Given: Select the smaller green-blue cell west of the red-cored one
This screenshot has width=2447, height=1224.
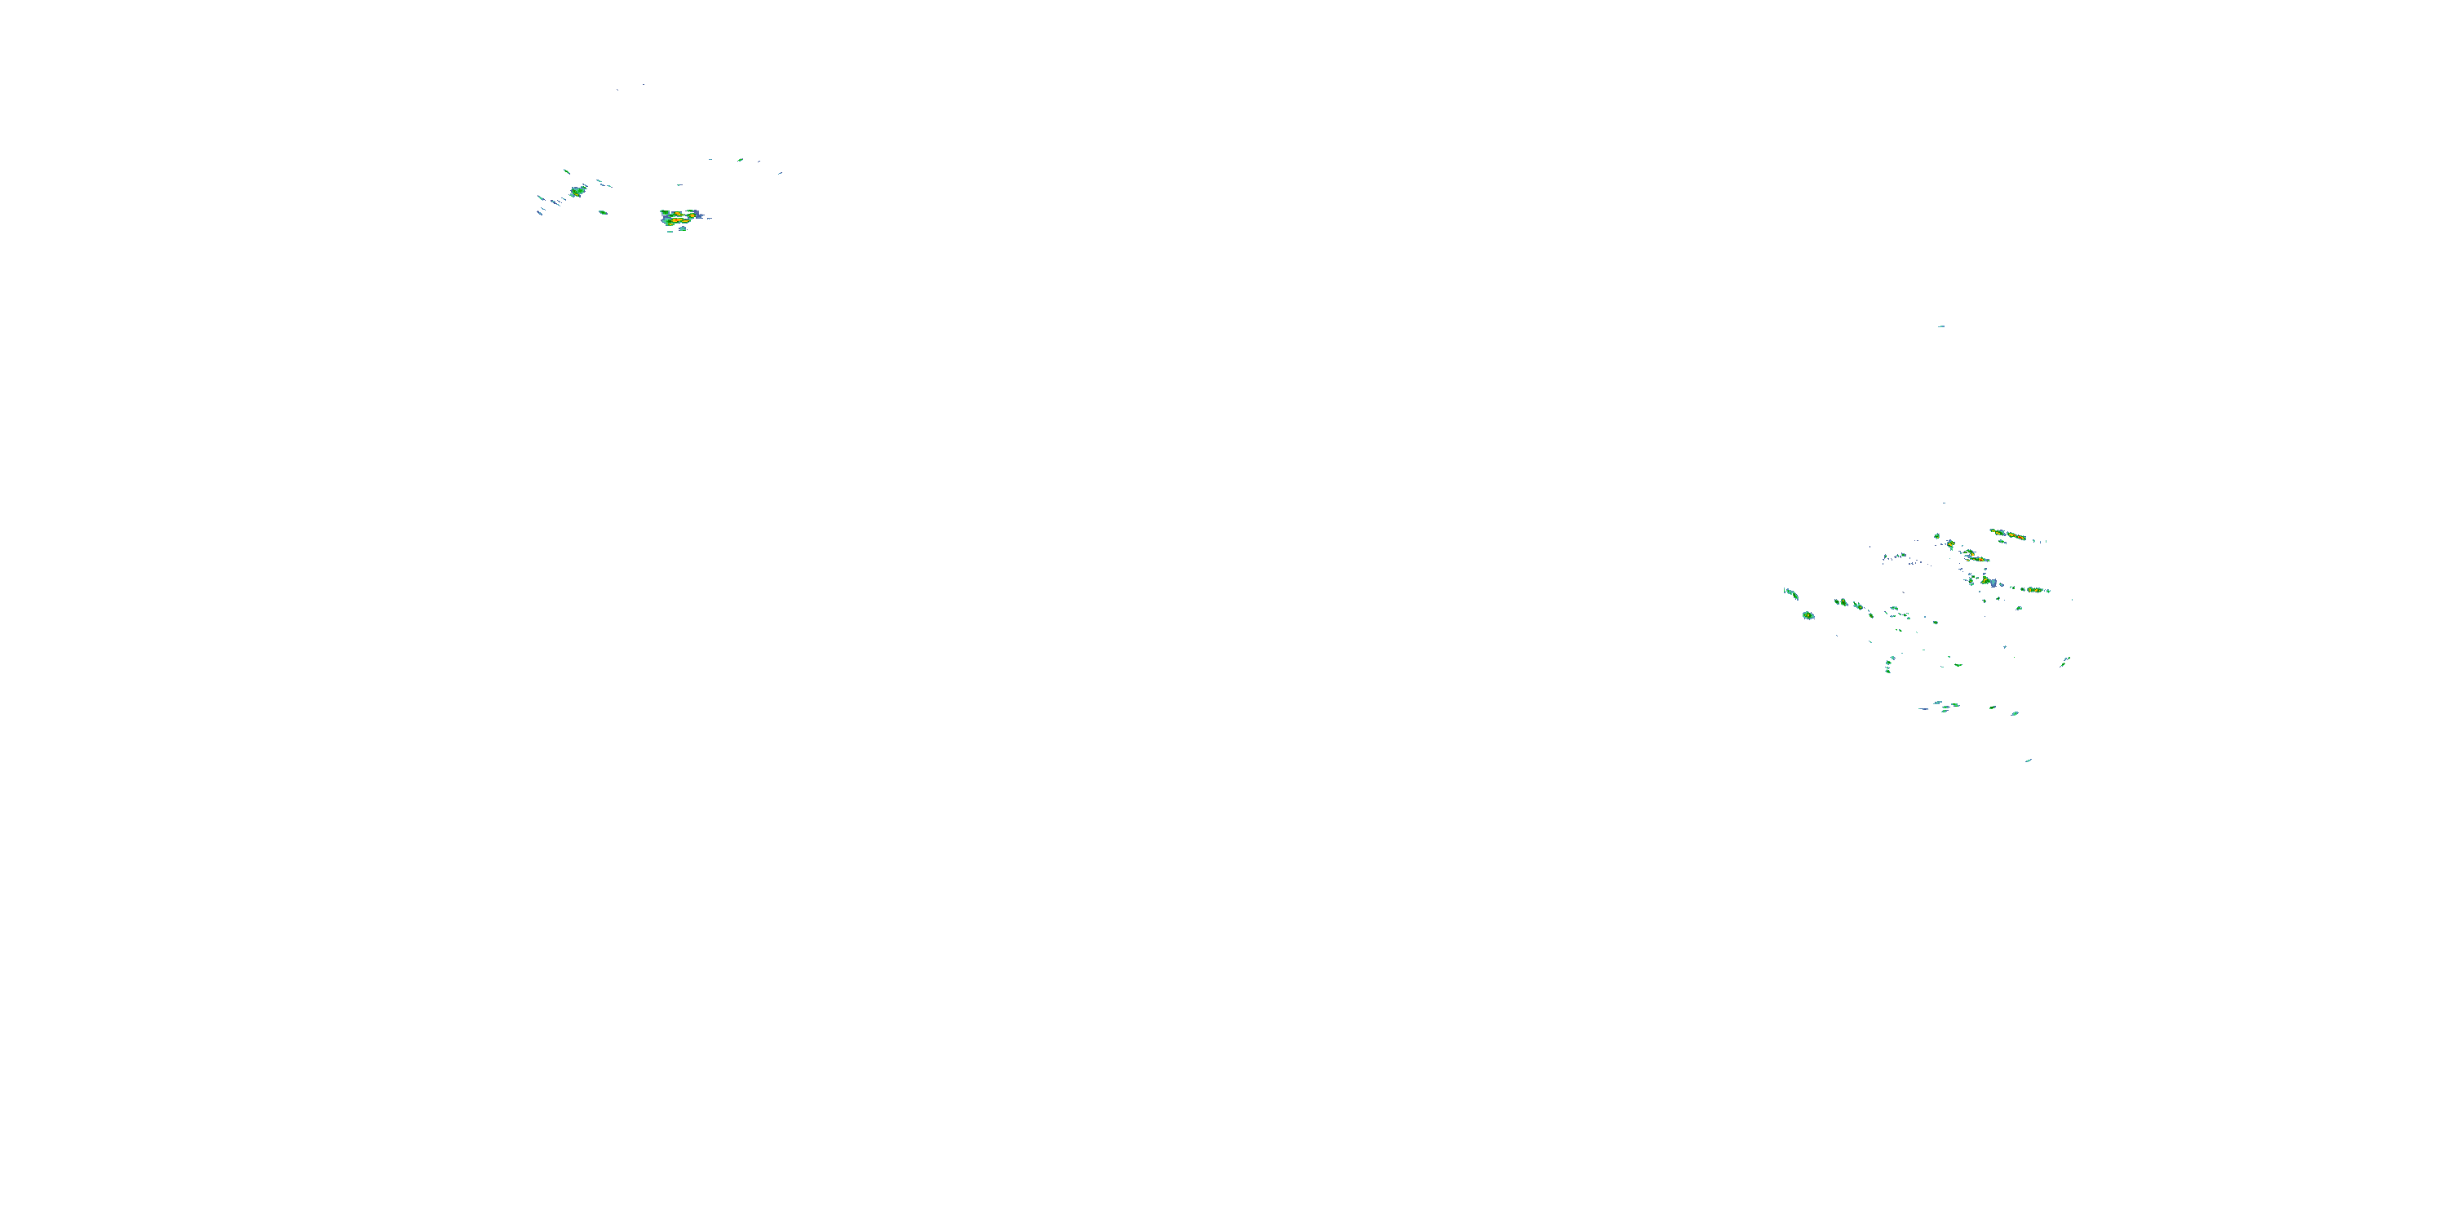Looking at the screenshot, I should coord(577,191).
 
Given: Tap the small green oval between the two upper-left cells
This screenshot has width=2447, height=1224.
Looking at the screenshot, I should coord(602,212).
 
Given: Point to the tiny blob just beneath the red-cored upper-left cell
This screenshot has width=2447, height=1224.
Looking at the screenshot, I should coord(680,230).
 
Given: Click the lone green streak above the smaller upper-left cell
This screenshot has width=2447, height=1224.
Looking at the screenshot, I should coord(566,171).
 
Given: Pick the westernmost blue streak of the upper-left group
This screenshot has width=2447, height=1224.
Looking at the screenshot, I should coord(541,197).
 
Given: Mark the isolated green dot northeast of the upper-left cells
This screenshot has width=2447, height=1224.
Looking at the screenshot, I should coord(740,160).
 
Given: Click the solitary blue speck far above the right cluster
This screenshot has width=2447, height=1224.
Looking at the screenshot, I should coord(1940,326).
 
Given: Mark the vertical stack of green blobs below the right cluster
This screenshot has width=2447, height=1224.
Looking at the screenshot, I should coord(1889,663).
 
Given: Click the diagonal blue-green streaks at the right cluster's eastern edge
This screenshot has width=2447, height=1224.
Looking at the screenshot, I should coord(2065,660).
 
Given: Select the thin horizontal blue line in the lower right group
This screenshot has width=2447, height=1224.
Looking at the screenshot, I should coord(1923,708).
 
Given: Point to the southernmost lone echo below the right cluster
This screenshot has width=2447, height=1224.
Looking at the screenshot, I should coord(2028,761).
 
